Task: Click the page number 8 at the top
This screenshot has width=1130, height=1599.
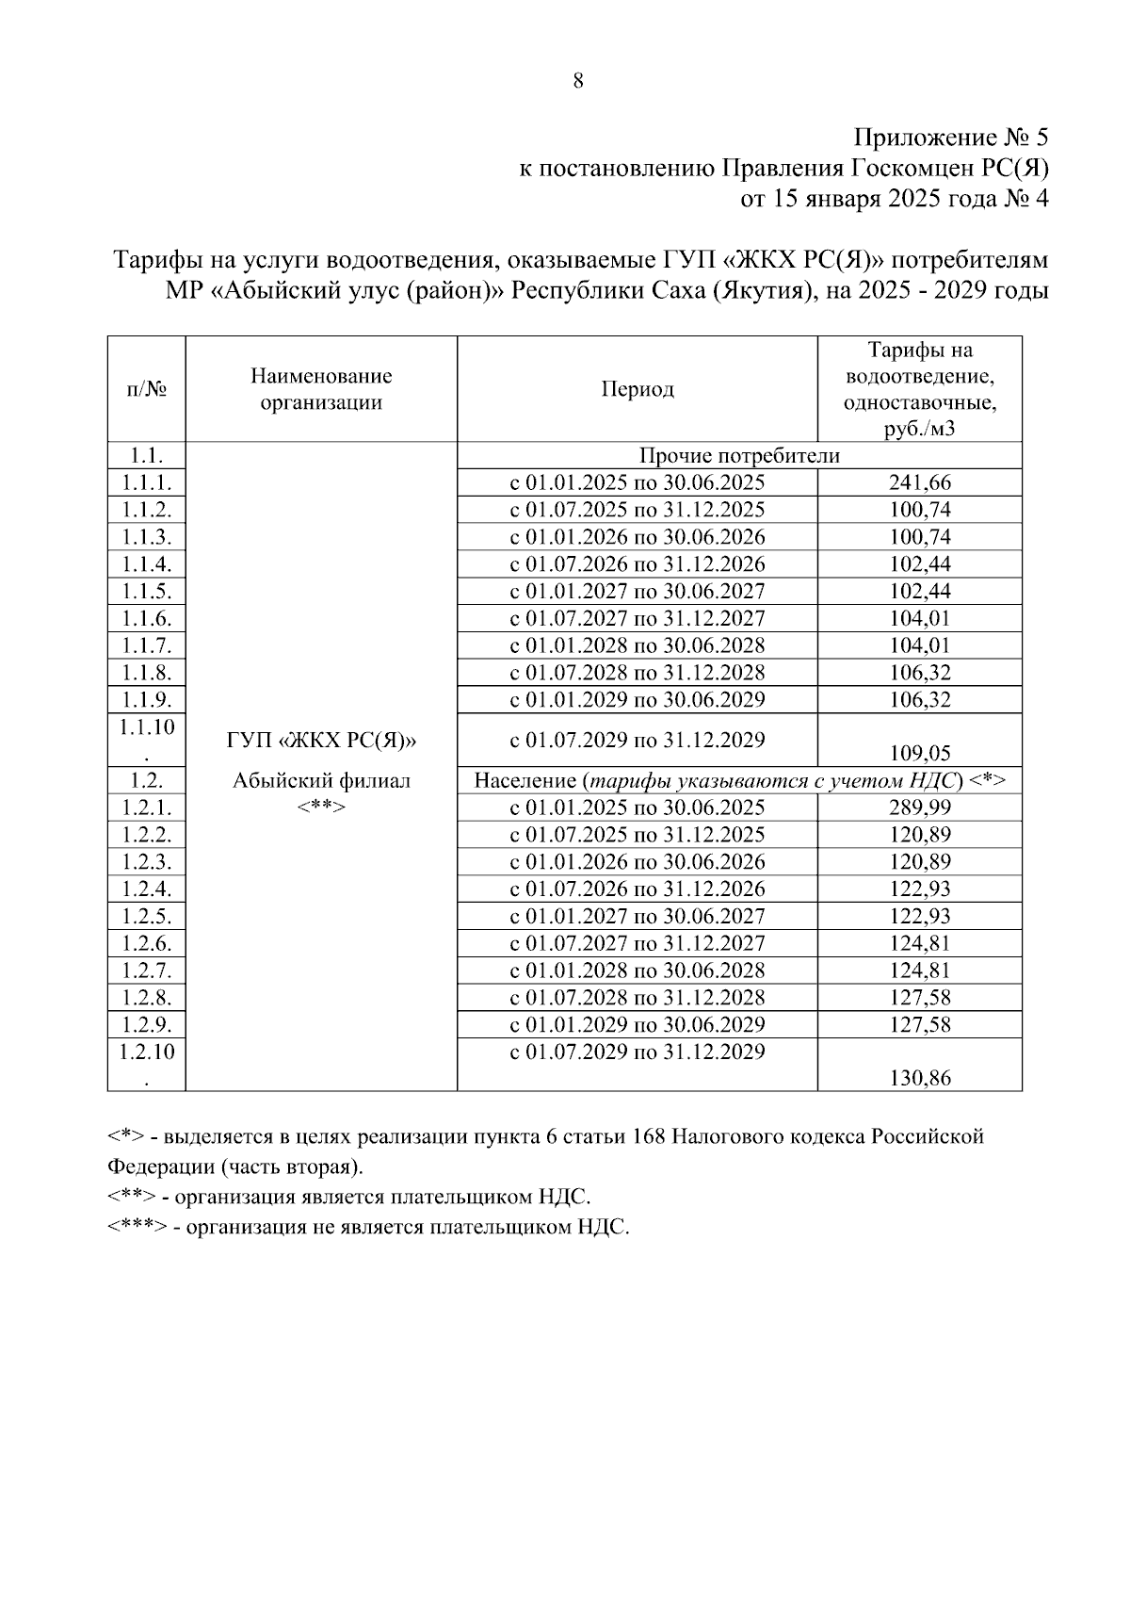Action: (x=578, y=81)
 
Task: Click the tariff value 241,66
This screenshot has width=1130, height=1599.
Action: (x=920, y=483)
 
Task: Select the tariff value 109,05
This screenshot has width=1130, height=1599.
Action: (x=920, y=753)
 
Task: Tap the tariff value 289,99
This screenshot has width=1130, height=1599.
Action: (x=920, y=808)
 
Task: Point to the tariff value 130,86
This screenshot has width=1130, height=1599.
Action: (x=920, y=1078)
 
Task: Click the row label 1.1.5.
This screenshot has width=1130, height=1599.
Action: (x=147, y=592)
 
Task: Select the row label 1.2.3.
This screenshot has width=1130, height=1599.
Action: (x=147, y=862)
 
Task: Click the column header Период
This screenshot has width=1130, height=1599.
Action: (x=638, y=390)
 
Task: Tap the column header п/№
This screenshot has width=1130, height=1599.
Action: (x=147, y=390)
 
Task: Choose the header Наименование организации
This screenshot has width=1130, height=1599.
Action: (x=321, y=390)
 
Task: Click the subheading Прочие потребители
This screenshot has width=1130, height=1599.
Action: (x=739, y=456)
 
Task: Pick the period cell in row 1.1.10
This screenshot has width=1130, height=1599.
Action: (x=638, y=740)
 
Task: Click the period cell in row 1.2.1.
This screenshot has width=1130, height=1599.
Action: (x=638, y=808)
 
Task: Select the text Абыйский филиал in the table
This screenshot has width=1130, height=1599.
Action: (x=321, y=781)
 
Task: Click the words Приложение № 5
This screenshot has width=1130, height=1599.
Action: (x=950, y=139)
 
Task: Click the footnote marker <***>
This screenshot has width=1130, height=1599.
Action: (x=137, y=1228)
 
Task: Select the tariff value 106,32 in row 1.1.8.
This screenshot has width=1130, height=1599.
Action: (x=920, y=673)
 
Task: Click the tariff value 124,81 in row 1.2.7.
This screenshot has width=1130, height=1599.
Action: (x=920, y=971)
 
